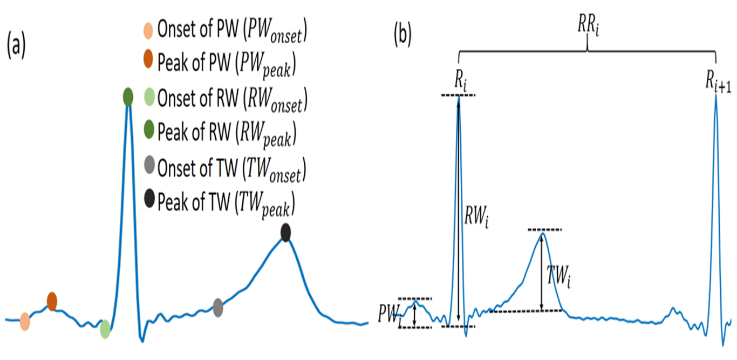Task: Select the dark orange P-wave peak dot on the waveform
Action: [x=52, y=301]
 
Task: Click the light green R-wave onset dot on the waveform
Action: [x=105, y=328]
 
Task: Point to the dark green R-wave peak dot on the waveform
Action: [x=128, y=97]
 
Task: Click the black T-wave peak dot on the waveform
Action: [x=286, y=233]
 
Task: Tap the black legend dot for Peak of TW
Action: [x=150, y=201]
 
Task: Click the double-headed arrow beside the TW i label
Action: [x=542, y=272]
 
